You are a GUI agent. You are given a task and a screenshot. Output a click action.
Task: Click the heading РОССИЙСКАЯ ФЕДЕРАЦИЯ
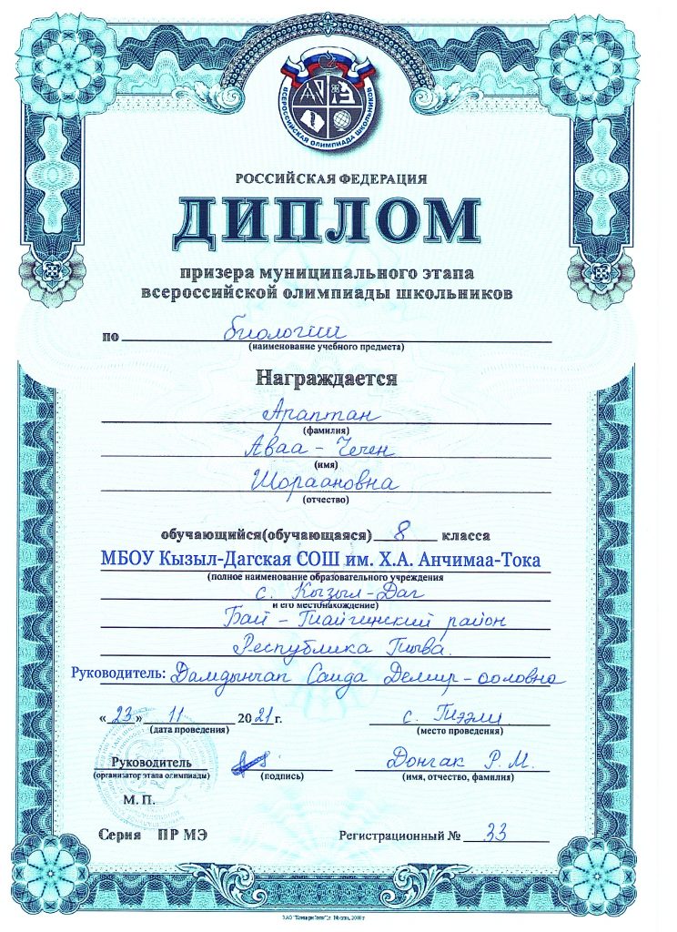330,180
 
